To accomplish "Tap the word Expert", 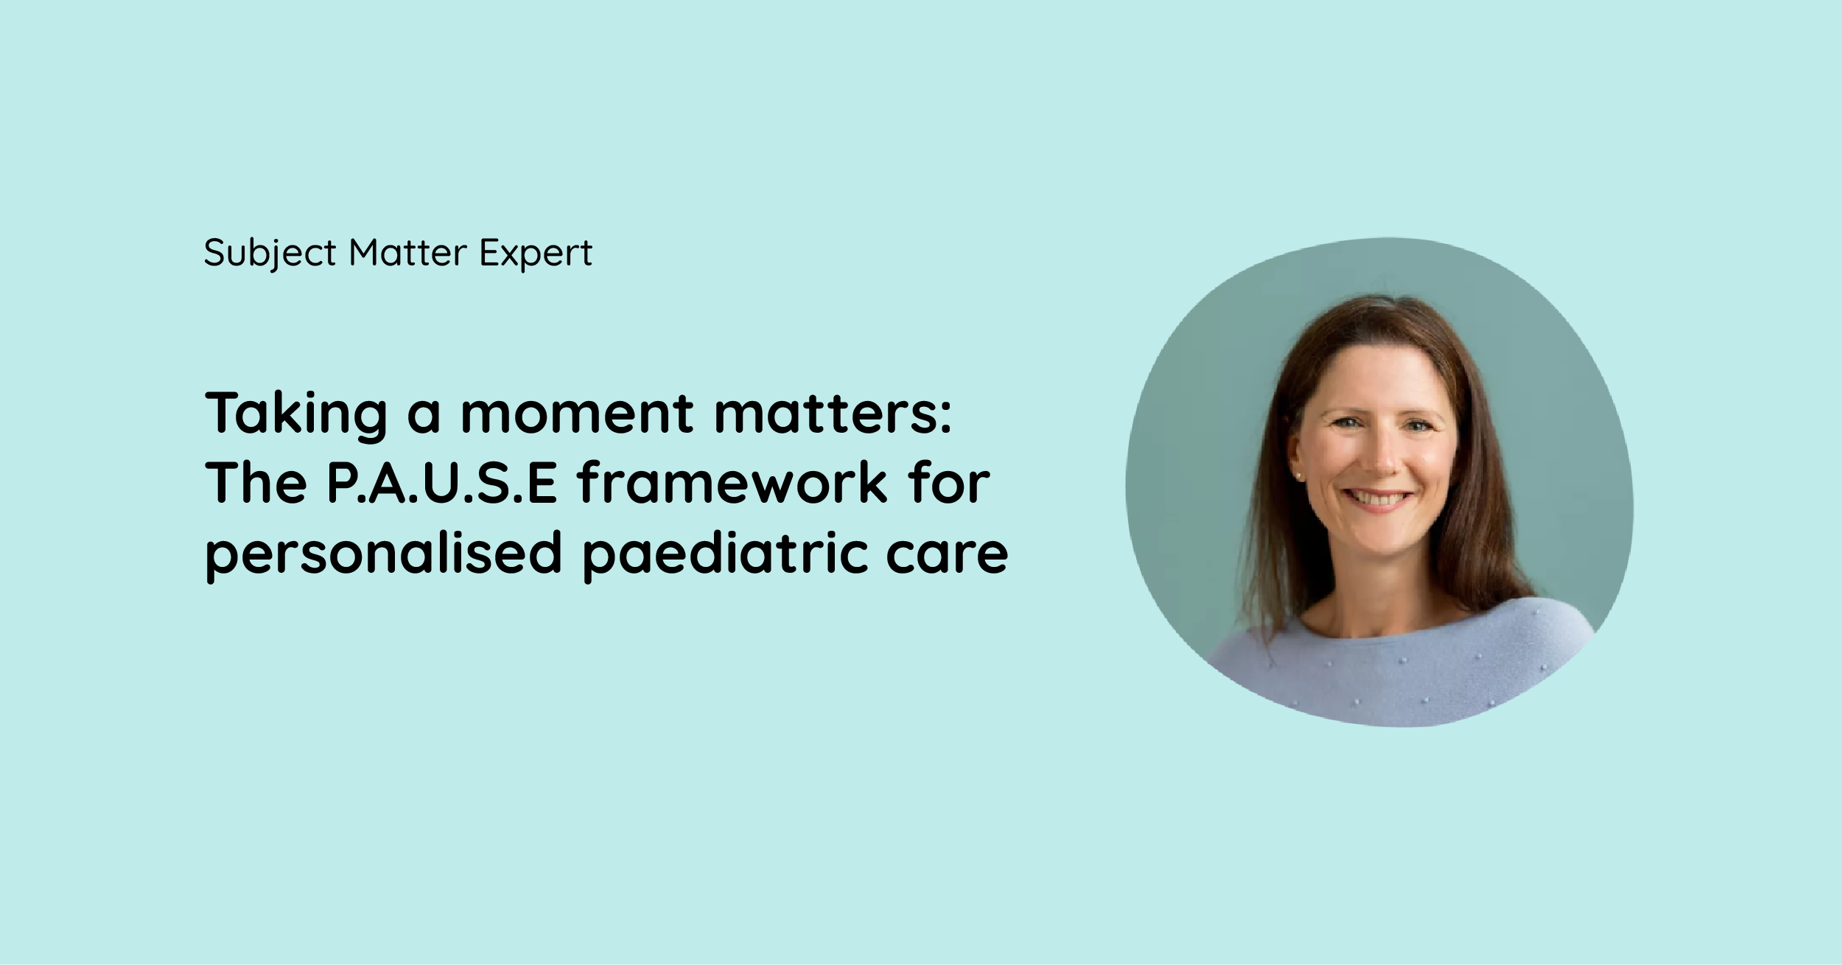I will (x=536, y=253).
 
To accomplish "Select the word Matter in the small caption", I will (x=407, y=253).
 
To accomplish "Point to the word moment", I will (x=576, y=413).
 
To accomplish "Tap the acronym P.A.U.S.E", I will (x=441, y=483).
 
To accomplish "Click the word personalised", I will (x=383, y=553).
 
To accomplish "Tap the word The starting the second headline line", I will (x=256, y=483).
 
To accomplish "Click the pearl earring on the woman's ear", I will (x=1298, y=476).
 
